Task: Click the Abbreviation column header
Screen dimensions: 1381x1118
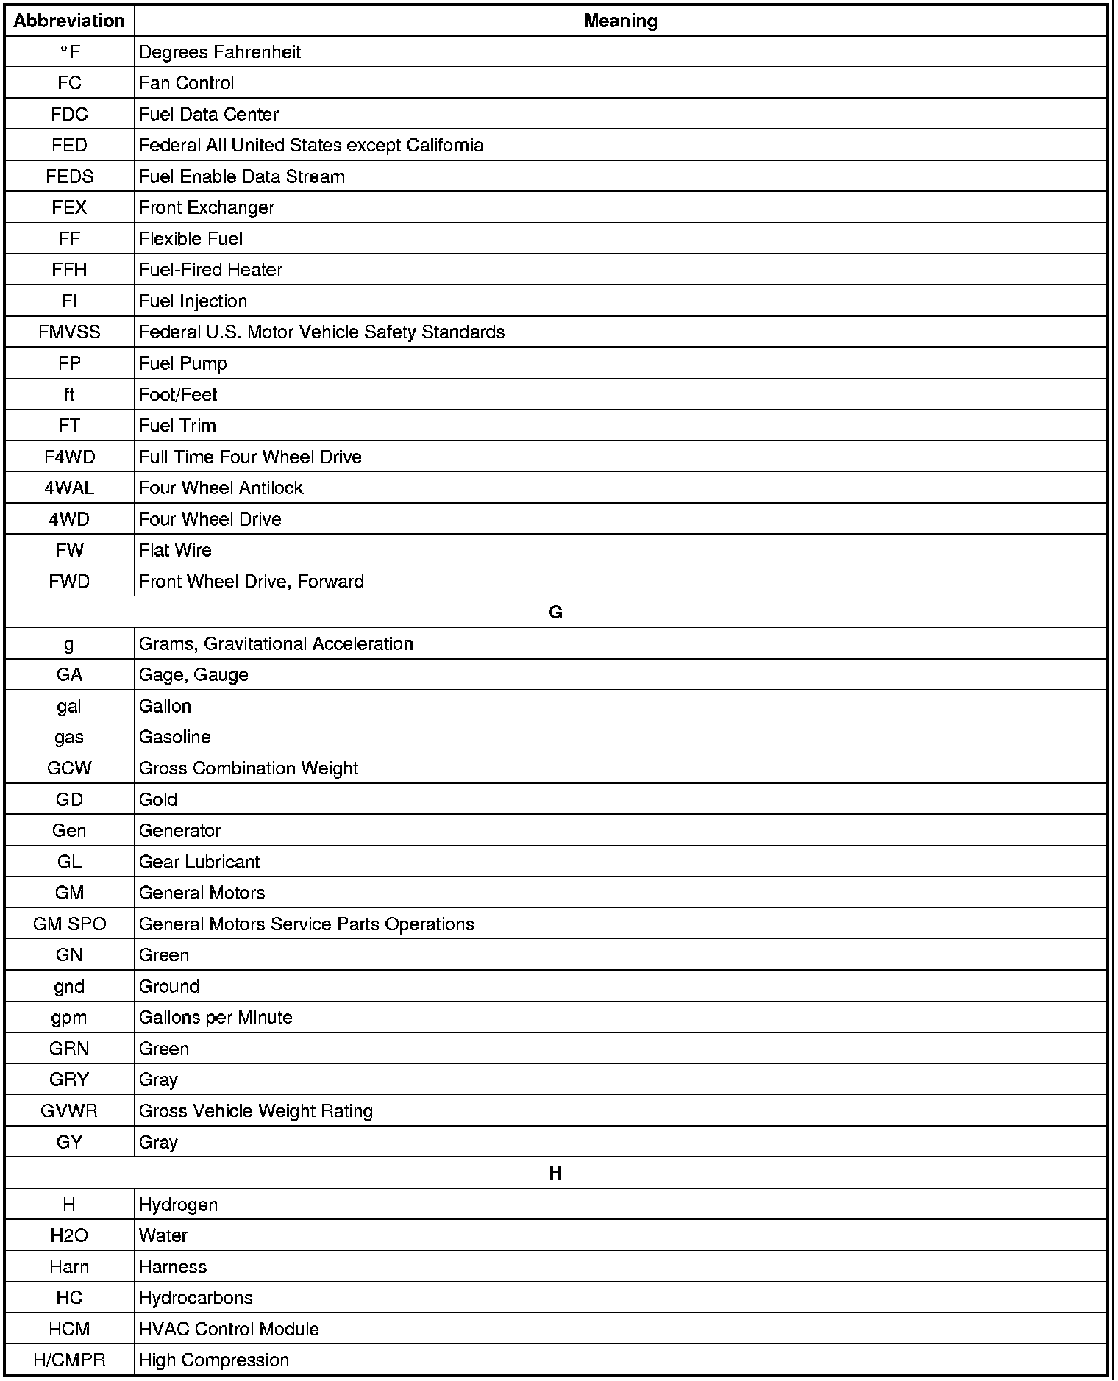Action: click(69, 21)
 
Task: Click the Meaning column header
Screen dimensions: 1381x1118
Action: click(620, 21)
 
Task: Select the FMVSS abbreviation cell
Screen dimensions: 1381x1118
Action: click(69, 332)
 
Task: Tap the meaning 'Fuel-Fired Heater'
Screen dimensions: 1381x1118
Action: click(210, 270)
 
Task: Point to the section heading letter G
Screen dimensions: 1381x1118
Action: click(555, 613)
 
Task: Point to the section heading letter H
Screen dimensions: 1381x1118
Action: click(555, 1174)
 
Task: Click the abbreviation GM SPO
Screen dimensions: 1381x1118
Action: click(69, 924)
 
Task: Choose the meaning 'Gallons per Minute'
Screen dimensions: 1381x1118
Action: click(216, 1018)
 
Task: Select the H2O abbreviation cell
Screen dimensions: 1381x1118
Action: click(69, 1236)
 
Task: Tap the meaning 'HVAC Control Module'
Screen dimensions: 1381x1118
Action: click(229, 1330)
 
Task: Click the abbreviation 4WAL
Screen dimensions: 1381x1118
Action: click(69, 488)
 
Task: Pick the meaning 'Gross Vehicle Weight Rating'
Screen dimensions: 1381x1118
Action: click(256, 1111)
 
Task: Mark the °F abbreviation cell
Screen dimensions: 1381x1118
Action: click(69, 52)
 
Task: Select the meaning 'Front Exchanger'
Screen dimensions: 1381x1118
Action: click(207, 208)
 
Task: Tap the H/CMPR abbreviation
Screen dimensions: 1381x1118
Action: click(69, 1360)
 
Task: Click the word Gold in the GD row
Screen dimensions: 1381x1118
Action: click(158, 799)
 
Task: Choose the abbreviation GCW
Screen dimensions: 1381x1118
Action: click(69, 768)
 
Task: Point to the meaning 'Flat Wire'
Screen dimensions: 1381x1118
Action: click(175, 551)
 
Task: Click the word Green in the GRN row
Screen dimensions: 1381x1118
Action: click(164, 1049)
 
